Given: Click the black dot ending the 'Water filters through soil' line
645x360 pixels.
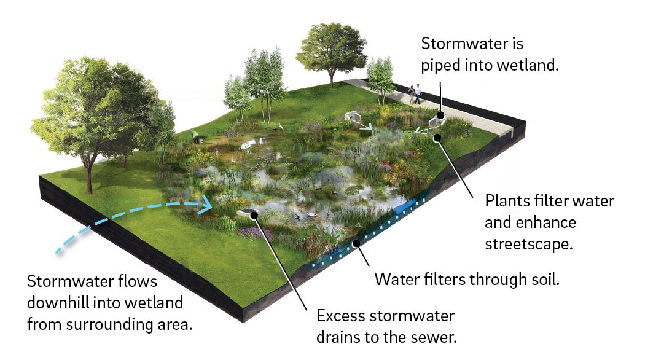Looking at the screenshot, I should tap(356, 244).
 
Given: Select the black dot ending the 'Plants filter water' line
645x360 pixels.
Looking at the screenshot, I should tap(437, 136).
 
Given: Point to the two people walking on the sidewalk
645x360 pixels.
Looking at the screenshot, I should tap(415, 93).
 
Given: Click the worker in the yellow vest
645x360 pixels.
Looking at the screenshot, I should tap(195, 136).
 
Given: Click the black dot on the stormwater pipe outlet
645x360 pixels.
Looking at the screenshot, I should tap(441, 115).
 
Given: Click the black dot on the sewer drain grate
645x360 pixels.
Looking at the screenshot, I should tap(252, 214).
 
